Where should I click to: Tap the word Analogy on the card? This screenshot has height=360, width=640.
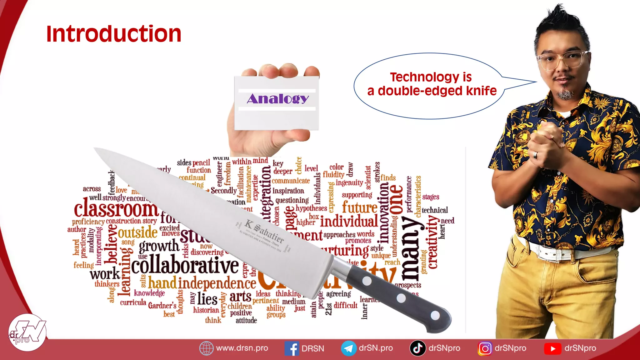277,99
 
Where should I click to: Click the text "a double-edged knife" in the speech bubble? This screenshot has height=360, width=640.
432,91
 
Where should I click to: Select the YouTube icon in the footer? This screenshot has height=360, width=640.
552,348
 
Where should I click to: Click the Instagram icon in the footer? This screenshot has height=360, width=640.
485,348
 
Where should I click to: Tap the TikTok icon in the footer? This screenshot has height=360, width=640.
417,348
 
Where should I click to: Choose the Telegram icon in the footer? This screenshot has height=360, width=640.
348,348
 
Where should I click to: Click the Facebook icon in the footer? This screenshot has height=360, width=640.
292,348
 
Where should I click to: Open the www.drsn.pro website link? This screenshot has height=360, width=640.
242,348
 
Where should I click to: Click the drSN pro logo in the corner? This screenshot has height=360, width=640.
27,332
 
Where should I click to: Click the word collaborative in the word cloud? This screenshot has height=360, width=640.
185,266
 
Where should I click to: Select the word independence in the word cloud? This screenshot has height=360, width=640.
217,283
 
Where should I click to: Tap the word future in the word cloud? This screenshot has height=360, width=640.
360,207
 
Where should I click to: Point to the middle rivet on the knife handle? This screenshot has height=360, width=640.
401,298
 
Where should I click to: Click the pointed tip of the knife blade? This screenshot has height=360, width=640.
96,148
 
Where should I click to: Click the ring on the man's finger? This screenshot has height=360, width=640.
535,155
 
